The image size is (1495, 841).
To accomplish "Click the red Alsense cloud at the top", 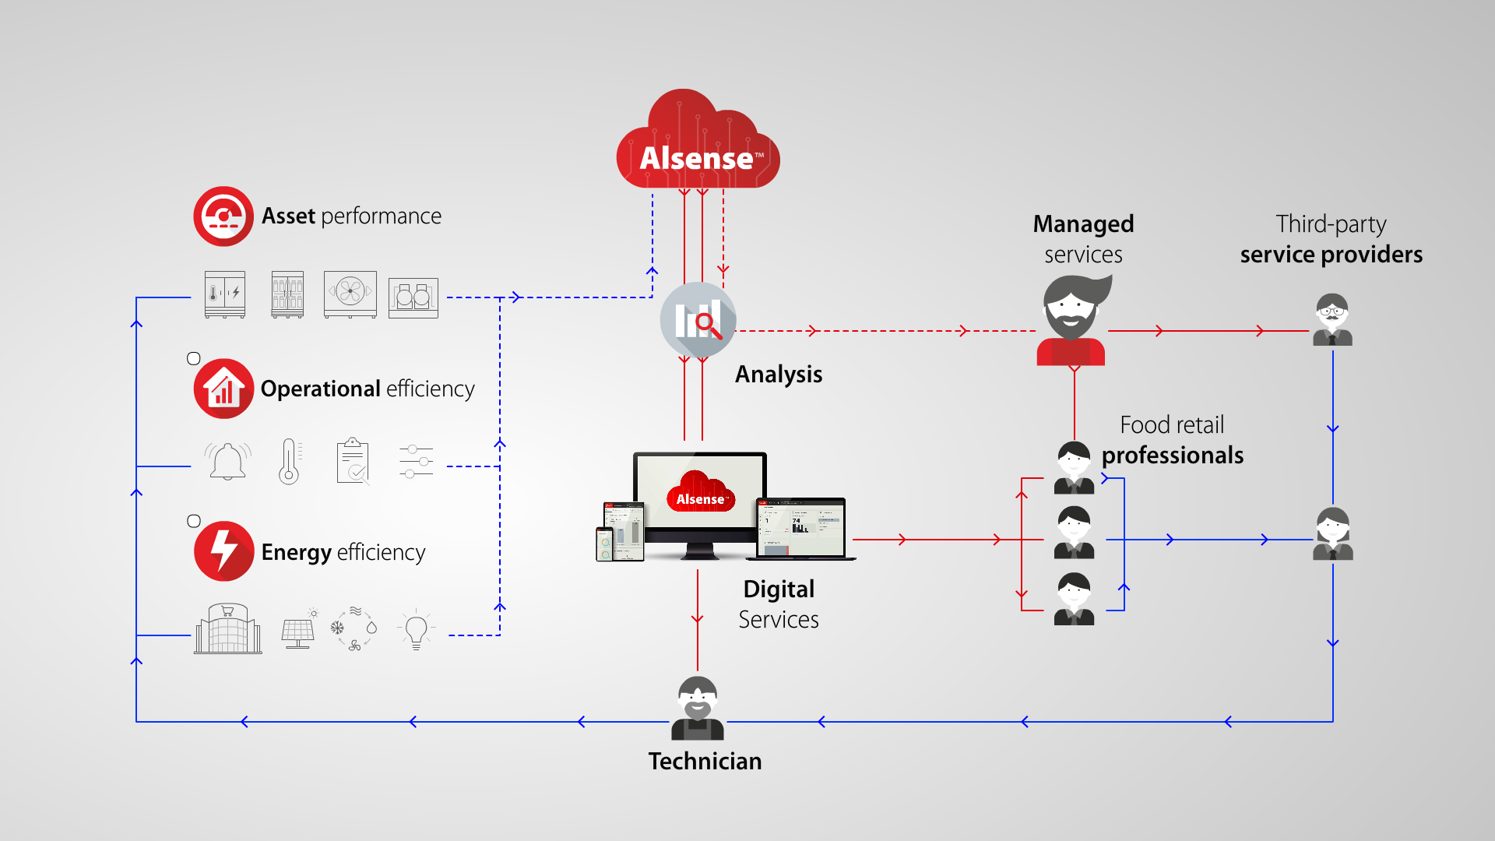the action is [x=698, y=140].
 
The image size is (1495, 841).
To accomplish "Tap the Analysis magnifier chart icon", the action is [x=698, y=320].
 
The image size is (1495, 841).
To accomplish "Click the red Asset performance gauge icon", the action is [x=223, y=216].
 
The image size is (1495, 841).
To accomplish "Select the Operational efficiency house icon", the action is [x=223, y=389].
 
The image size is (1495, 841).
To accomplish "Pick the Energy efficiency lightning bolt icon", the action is [x=223, y=551].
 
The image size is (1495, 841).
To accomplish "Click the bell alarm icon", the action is [x=227, y=461].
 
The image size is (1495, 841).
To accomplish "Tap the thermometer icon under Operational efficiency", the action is [x=290, y=462].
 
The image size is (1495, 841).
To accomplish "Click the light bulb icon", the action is [x=416, y=629].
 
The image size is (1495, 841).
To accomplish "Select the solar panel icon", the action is [x=298, y=628].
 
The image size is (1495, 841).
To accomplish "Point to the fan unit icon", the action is [x=350, y=294].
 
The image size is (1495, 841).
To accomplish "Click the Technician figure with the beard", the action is [x=698, y=708].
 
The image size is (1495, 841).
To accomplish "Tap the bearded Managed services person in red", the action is [x=1073, y=320].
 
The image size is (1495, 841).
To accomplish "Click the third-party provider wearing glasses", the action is [x=1332, y=319].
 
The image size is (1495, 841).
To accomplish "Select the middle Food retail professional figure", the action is [x=1074, y=533].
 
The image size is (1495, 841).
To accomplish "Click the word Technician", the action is [x=705, y=761].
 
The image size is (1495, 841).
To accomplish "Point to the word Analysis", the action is [x=779, y=375].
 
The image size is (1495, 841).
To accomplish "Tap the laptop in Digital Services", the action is [x=800, y=529].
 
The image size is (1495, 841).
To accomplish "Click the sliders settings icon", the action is [x=416, y=462].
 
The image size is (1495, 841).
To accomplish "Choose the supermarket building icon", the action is [x=227, y=628].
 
